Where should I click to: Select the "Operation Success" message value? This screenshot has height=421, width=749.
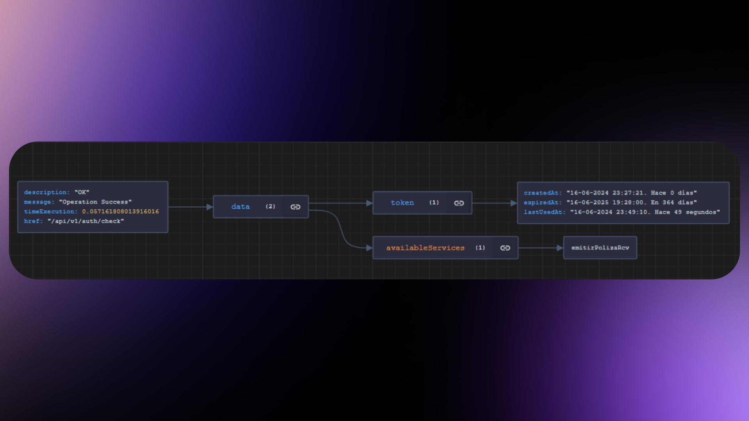(95, 202)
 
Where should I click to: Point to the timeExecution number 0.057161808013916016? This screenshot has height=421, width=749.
(121, 211)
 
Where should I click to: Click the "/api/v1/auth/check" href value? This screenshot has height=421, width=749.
(86, 221)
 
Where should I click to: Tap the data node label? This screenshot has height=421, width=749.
(240, 207)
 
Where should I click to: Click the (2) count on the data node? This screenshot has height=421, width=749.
(270, 206)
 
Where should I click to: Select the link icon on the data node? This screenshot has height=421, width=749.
(295, 207)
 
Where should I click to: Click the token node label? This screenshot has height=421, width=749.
(402, 203)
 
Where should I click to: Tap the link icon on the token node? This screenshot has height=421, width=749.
(459, 203)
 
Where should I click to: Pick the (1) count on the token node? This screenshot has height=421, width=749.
(434, 202)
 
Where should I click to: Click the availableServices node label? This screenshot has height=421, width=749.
(425, 248)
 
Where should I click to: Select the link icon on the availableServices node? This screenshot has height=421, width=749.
(505, 248)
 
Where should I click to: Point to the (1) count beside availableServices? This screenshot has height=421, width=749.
(480, 248)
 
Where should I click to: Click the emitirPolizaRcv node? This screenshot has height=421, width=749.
(600, 248)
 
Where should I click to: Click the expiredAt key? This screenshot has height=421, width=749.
(543, 202)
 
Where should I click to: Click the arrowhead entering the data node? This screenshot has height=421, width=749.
(209, 207)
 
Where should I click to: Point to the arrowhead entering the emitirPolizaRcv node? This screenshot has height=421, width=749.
(560, 248)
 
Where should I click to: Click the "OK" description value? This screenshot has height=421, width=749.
(82, 192)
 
